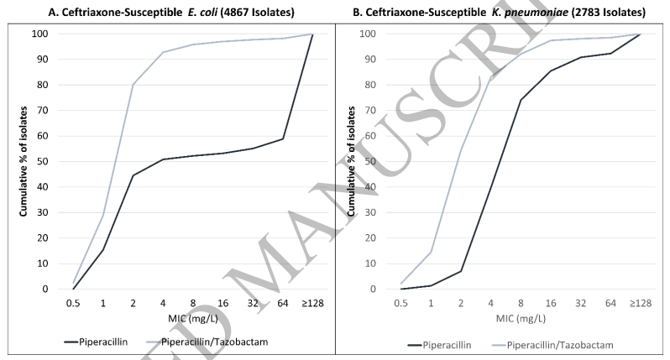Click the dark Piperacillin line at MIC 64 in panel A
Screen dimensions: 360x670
(283, 138)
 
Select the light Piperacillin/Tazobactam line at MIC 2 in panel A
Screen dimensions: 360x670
(133, 84)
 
